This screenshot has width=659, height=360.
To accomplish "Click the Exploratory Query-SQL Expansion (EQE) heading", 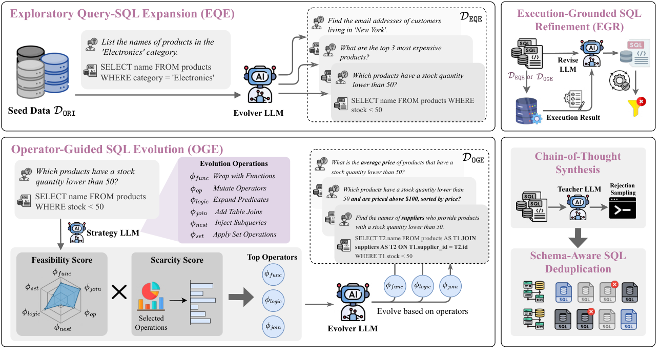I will (x=121, y=14).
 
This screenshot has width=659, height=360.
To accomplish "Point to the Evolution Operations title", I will (x=234, y=164).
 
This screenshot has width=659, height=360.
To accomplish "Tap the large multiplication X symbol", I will (x=119, y=292).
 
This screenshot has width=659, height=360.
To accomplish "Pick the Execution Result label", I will (x=573, y=118).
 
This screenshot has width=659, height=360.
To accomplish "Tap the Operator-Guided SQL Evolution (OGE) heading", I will (x=117, y=149).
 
